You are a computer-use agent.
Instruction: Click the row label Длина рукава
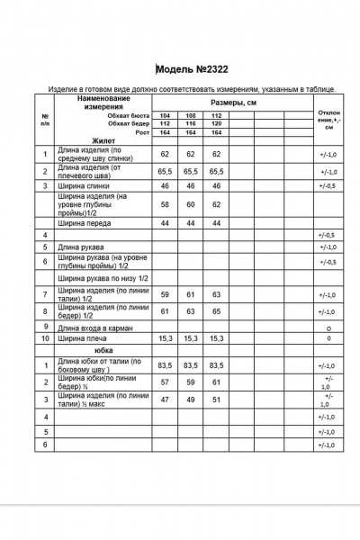pos(82,246)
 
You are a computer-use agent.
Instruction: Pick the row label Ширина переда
pos(85,221)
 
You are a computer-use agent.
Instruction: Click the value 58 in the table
pos(165,204)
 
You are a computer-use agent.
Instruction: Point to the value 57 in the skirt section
pos(165,382)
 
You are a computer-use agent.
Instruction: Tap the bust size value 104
pos(165,116)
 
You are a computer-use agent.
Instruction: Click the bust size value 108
pos(190,116)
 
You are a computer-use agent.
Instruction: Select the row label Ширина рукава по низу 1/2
pos(103,279)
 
